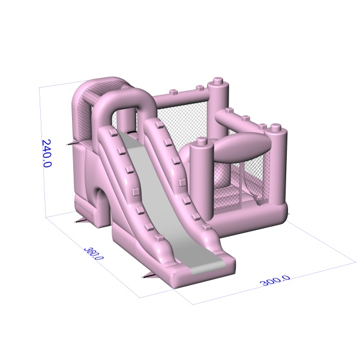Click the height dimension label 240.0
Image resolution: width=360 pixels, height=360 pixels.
[x=47, y=153]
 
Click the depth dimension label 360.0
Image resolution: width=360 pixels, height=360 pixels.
[x=94, y=253]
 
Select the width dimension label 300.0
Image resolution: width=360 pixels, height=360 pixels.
[x=275, y=280]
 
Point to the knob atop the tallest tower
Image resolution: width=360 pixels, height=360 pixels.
[x=218, y=82]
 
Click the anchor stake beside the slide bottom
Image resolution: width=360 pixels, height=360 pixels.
[x=148, y=275]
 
